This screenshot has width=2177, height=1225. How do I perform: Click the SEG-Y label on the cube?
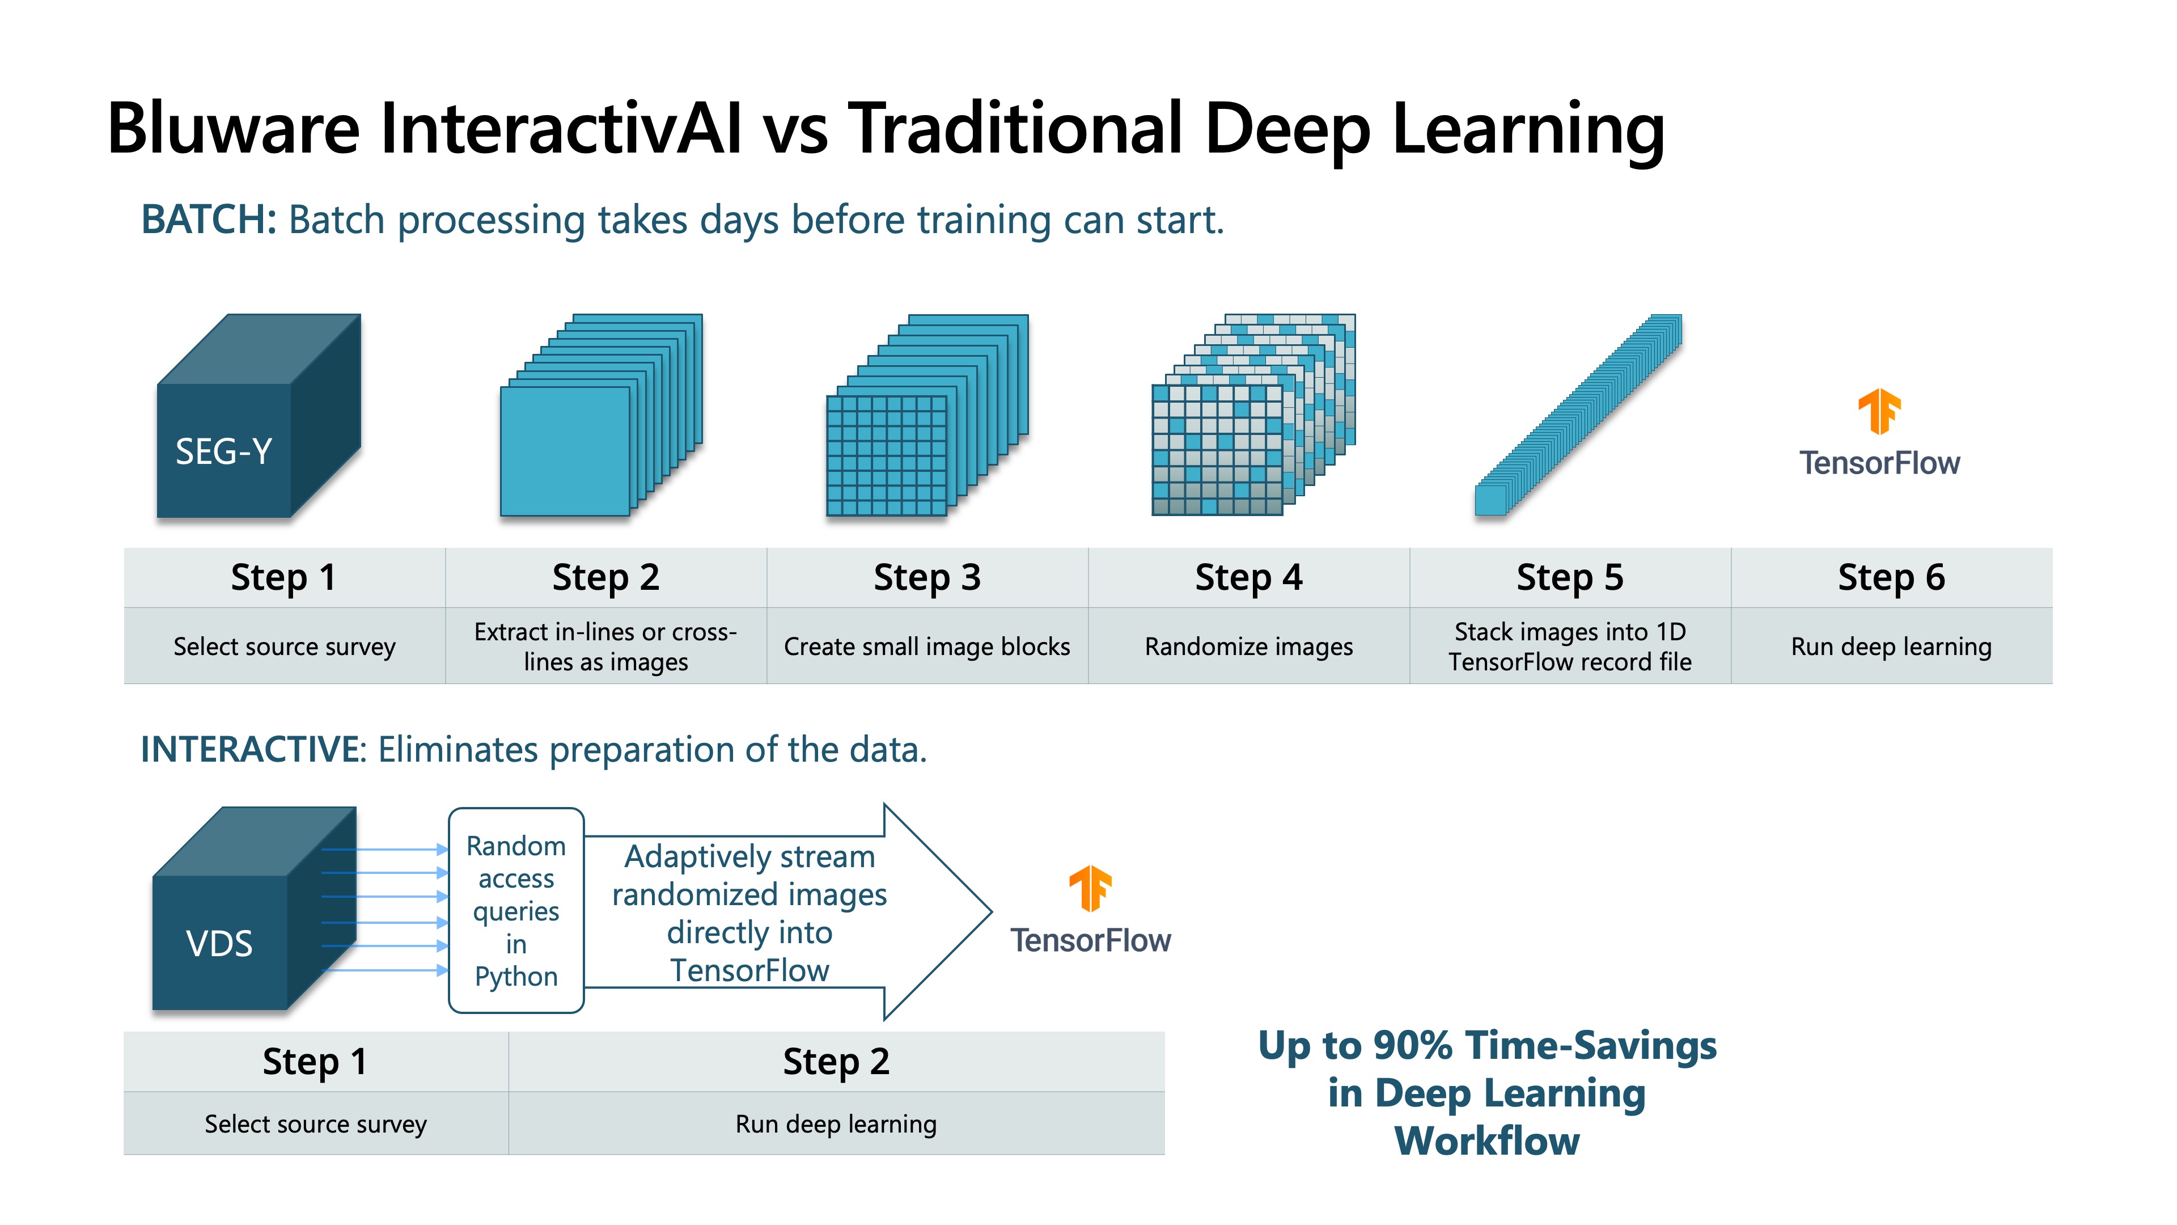[223, 451]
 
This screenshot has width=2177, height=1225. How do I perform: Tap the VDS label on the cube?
[219, 944]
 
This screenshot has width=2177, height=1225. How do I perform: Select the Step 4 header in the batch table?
[1248, 577]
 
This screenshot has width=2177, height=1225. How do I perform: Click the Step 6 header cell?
[1891, 577]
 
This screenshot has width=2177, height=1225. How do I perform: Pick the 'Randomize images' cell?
[1248, 646]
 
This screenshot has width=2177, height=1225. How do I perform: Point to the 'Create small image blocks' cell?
[927, 646]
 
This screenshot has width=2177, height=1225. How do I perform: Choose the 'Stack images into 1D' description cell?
[1570, 646]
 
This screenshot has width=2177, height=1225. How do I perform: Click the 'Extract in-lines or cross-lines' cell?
[606, 646]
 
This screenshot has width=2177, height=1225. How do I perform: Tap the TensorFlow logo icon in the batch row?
[1879, 412]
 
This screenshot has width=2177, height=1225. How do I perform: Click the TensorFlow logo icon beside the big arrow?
[1090, 889]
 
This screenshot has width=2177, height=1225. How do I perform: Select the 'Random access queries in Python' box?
[516, 910]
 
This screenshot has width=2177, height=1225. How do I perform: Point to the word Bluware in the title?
[234, 129]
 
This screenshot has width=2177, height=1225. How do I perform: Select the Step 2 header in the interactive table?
[837, 1062]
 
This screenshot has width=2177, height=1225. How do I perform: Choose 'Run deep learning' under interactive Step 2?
[837, 1123]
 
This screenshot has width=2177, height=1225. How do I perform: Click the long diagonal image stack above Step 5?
[1578, 415]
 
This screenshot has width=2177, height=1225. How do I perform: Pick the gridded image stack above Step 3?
[927, 415]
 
